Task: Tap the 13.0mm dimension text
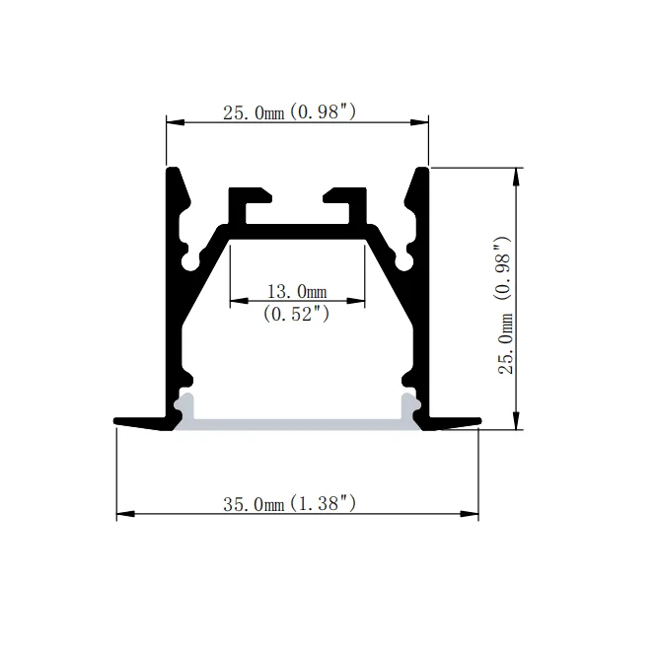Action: (296, 291)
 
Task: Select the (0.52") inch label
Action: (296, 314)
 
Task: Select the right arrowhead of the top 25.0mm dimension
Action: (421, 122)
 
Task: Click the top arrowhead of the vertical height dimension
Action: (516, 175)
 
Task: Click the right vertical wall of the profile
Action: (423, 296)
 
